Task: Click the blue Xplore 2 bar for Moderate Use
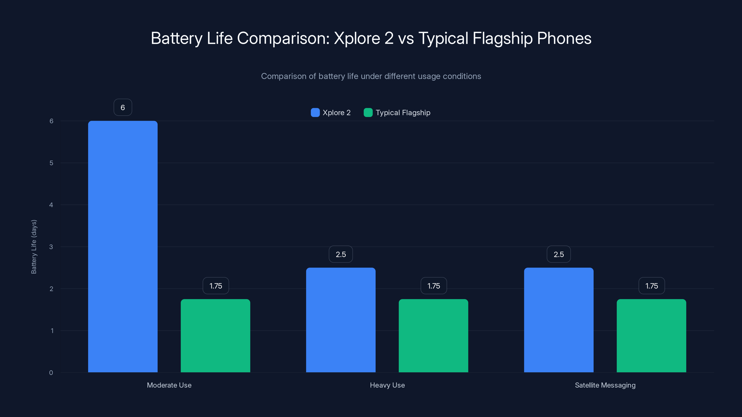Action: pyautogui.click(x=123, y=246)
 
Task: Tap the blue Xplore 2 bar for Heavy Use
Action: pyautogui.click(x=341, y=320)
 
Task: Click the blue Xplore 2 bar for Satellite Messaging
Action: pyautogui.click(x=559, y=320)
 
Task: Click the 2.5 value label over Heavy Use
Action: pyautogui.click(x=341, y=254)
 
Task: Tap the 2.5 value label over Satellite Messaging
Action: pyautogui.click(x=559, y=254)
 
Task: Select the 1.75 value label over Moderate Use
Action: pyautogui.click(x=216, y=286)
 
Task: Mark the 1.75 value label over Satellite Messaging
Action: pyautogui.click(x=652, y=286)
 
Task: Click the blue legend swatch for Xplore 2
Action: pyautogui.click(x=315, y=113)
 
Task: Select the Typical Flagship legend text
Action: pyautogui.click(x=403, y=113)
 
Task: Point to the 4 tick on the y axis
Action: pyautogui.click(x=51, y=205)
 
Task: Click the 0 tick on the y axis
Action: pyautogui.click(x=51, y=373)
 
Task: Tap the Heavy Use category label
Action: pyautogui.click(x=387, y=385)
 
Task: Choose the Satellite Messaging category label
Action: pyautogui.click(x=605, y=385)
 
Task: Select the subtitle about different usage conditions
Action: pyautogui.click(x=371, y=76)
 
